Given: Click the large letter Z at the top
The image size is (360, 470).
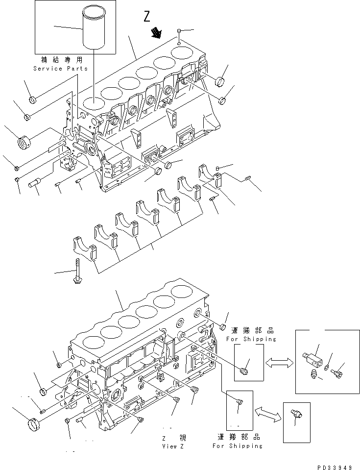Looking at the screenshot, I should pos(147,17).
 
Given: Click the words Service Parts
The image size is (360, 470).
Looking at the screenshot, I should pos(61,69).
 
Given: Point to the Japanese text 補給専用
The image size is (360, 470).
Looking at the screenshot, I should pos(61,60).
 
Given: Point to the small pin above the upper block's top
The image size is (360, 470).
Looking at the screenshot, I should pos(180,32).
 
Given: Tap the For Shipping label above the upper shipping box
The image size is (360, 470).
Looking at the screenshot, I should pos(251,339).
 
